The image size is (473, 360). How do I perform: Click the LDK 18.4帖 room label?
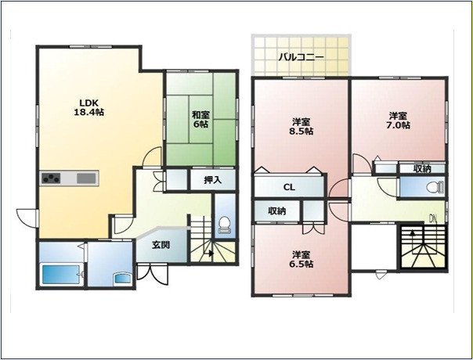coord(89,107)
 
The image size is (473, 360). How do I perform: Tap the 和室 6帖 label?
coord(200,120)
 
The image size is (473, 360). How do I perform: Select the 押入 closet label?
coord(213,180)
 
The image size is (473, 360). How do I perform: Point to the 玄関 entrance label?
coord(161,245)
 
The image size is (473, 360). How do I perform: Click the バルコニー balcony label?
coord(301,57)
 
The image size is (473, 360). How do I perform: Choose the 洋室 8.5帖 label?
coord(301,127)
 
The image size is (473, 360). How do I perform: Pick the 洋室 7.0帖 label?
coord(398,121)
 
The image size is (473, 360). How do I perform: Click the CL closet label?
coord(289,188)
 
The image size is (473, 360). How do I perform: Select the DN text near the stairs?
coord(434,218)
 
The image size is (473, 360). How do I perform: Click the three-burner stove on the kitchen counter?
coord(51,178)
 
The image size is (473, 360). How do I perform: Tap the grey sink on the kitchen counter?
coord(86,178)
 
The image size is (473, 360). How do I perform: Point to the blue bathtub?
coord(60,274)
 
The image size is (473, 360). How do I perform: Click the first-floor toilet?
coord(224,225)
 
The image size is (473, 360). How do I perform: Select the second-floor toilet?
coord(436,188)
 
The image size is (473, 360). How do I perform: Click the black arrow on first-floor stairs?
coord(211,254)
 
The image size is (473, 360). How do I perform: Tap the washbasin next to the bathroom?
coord(122,278)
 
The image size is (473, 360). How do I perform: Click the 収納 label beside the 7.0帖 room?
coord(422,169)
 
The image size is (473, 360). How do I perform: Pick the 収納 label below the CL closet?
coord(277,211)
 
